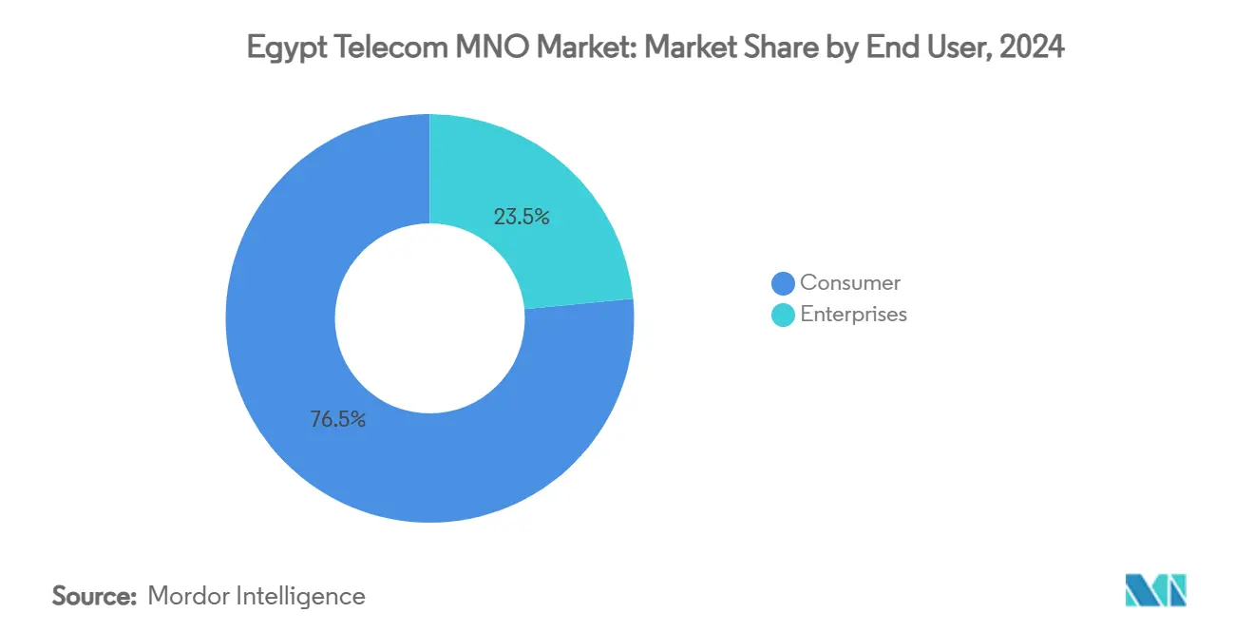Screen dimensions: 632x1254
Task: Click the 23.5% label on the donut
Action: click(522, 217)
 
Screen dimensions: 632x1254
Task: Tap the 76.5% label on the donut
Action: click(337, 419)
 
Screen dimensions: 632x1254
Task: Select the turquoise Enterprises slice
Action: click(551, 190)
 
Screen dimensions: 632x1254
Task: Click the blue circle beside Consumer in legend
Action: click(783, 283)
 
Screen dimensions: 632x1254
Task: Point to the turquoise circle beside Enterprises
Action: click(783, 315)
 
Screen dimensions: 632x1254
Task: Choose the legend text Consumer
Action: click(850, 282)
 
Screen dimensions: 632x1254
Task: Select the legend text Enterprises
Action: click(853, 315)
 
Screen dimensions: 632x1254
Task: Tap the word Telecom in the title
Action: click(371, 48)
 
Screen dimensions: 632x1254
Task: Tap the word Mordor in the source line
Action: click(188, 596)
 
